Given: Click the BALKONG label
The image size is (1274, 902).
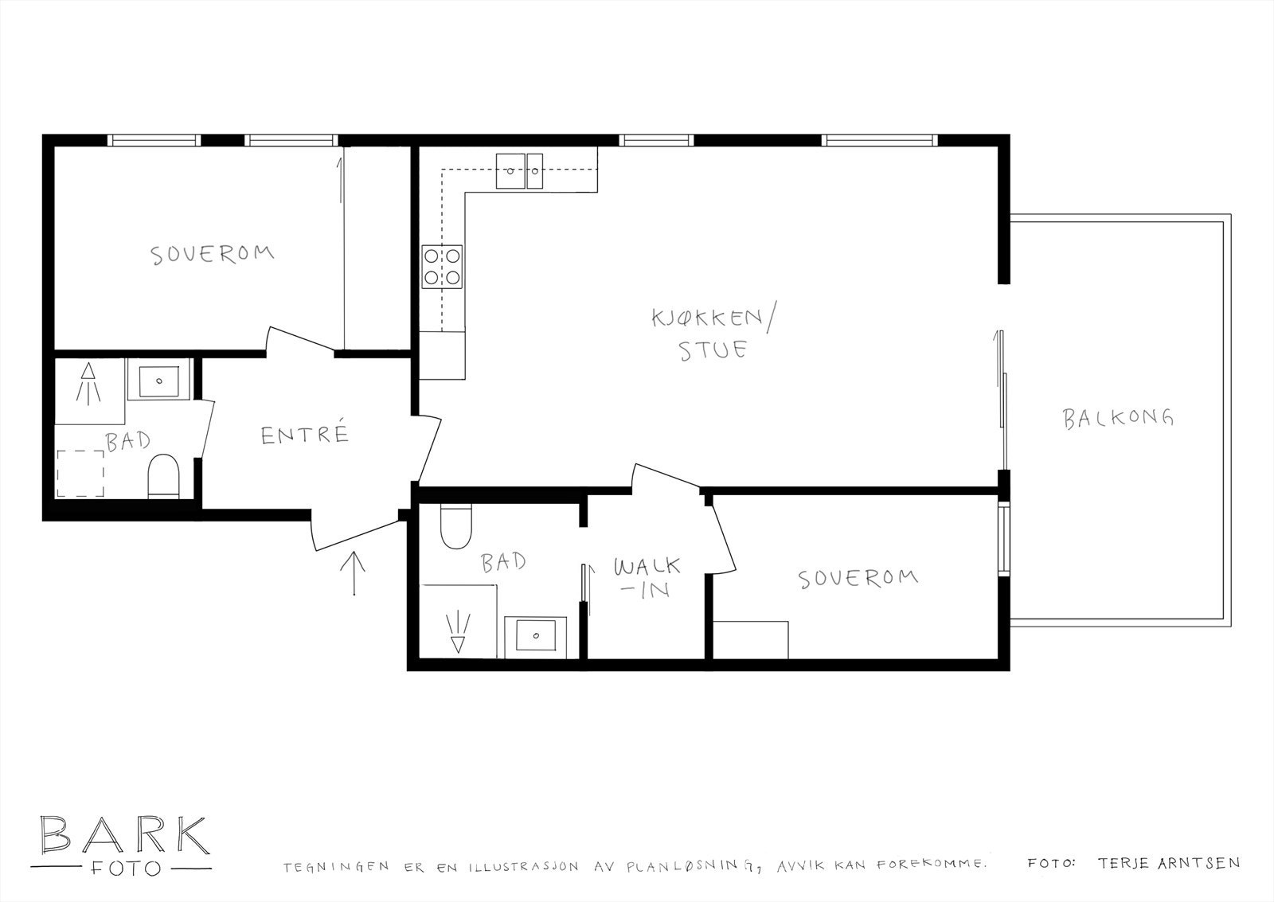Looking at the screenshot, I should [x=1118, y=417].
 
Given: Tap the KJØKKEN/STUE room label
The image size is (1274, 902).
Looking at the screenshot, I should [x=713, y=334].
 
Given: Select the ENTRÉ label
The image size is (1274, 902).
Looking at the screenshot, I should [x=305, y=435].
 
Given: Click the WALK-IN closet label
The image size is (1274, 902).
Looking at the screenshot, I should [x=647, y=578].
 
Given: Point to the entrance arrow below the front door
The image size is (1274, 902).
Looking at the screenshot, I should [x=352, y=572].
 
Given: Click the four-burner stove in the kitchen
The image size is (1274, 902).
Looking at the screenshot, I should [x=443, y=267].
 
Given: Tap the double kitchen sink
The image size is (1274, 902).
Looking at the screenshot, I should [x=520, y=170].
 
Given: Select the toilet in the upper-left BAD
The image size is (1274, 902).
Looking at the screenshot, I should [x=165, y=475].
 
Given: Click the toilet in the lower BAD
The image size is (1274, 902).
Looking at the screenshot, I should [x=456, y=528].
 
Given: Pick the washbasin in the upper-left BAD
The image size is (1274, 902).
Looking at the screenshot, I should [x=159, y=381].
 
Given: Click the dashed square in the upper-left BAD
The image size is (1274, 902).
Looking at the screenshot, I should [x=80, y=473].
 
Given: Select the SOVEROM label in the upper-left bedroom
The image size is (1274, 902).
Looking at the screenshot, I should [x=212, y=254].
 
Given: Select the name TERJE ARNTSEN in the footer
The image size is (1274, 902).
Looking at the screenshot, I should [x=1168, y=863].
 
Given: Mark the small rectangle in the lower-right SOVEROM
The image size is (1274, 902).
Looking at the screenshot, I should [x=750, y=640].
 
